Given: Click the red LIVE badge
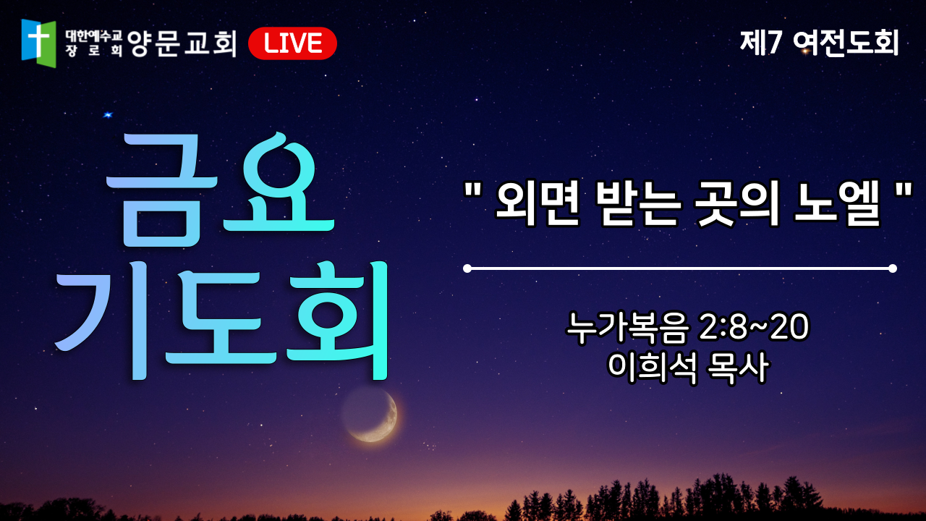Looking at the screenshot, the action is click(292, 43).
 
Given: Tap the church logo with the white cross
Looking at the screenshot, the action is click(38, 43).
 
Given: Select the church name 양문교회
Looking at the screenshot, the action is click(182, 43).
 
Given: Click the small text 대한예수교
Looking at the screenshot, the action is click(94, 36).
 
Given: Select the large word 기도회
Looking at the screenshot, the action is click(221, 320).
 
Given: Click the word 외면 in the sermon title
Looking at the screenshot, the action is click(538, 204).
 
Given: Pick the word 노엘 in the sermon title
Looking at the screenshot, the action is click(838, 204).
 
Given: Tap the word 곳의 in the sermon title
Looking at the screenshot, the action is click(737, 204).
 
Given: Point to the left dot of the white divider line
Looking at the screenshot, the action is click(467, 268).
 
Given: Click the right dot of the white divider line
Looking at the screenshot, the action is click(893, 268).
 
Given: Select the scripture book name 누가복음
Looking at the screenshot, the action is click(628, 328).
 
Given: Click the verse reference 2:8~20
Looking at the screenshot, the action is click(754, 326).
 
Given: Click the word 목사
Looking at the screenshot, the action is click(738, 368).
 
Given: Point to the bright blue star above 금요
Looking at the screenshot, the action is click(108, 114).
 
